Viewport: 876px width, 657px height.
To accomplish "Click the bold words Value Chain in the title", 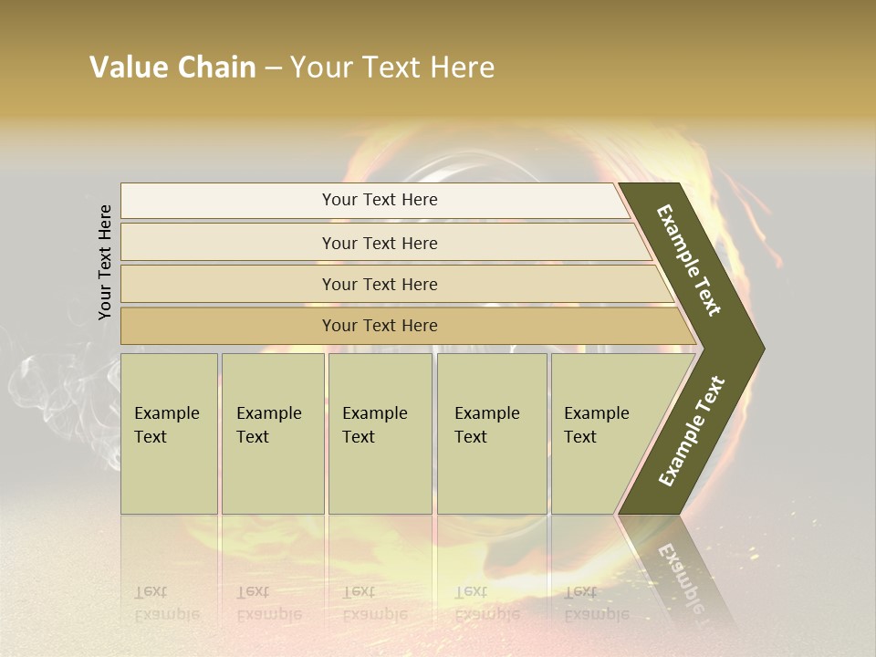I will click(172, 68).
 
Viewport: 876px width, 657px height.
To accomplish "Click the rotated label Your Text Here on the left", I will click(105, 263).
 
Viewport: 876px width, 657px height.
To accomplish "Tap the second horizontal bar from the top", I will click(380, 243).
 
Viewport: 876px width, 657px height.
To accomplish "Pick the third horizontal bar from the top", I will click(380, 284).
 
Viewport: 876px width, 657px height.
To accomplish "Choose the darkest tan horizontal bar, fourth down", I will click(380, 326).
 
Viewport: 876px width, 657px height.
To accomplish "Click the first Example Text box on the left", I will click(169, 433).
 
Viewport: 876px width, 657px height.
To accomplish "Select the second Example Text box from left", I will click(273, 433).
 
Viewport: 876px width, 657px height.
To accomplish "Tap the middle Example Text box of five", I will click(380, 433).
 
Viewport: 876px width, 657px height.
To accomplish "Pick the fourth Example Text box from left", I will click(492, 433).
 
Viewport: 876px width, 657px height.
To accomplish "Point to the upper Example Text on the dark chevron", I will click(689, 260).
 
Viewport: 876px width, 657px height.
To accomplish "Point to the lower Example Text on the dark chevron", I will click(692, 431).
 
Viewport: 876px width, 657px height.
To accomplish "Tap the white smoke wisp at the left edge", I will click(36, 383).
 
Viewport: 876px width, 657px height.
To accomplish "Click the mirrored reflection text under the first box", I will click(166, 603).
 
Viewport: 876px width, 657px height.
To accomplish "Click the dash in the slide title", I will click(273, 68).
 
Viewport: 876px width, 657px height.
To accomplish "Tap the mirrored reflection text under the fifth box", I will click(596, 603).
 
